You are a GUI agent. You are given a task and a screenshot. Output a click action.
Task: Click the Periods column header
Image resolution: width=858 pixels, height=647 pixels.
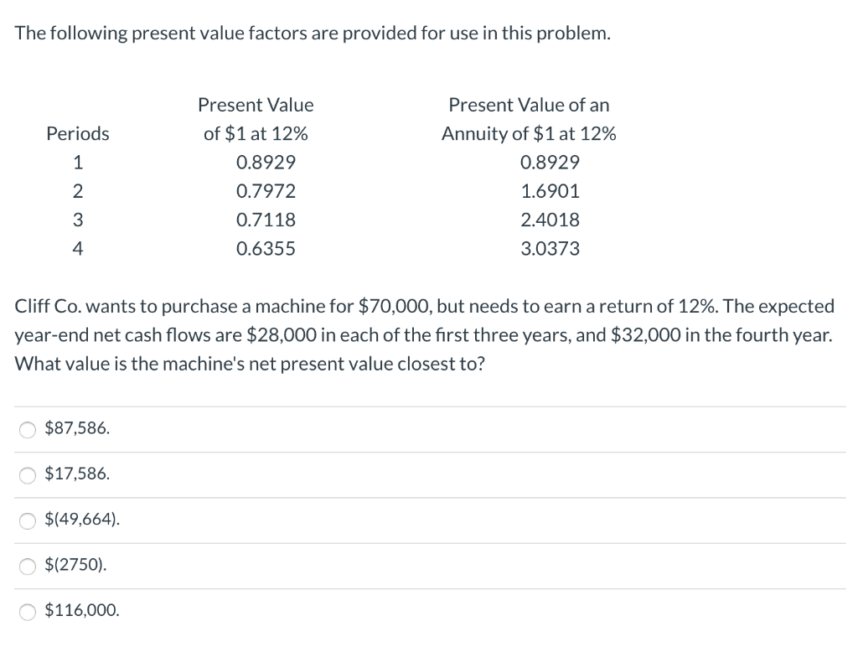[x=77, y=133]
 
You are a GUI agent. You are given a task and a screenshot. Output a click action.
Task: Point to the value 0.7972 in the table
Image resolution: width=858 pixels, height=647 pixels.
[x=266, y=191]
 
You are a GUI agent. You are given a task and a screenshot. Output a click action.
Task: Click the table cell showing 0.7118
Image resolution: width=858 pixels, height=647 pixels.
[x=266, y=220]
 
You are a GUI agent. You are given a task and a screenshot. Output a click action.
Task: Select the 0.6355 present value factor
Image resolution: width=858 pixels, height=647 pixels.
[x=266, y=249]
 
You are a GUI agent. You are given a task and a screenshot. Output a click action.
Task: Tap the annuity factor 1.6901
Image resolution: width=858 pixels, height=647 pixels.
[x=550, y=191]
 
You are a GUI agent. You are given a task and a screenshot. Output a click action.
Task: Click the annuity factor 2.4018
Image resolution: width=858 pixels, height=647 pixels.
[x=550, y=220]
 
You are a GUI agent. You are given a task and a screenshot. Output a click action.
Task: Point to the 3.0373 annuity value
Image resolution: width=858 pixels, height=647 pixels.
[x=550, y=249]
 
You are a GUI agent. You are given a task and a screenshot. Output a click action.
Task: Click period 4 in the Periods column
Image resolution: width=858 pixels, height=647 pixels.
[x=77, y=249]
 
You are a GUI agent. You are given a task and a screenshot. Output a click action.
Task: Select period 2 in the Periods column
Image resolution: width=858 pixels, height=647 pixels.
[x=77, y=191]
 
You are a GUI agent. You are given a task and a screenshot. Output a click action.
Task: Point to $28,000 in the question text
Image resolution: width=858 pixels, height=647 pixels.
[x=281, y=335]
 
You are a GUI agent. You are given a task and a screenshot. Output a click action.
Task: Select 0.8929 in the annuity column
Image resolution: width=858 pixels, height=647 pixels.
[x=550, y=162]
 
